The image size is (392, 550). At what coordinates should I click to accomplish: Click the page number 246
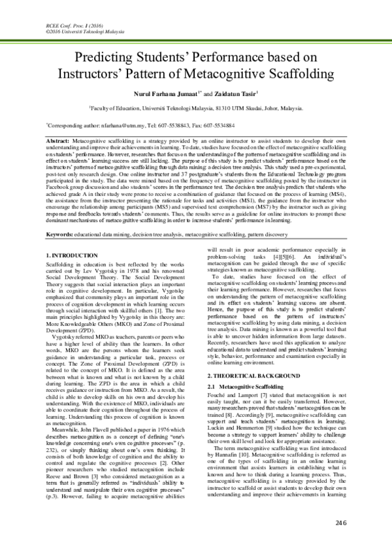(339, 524)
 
